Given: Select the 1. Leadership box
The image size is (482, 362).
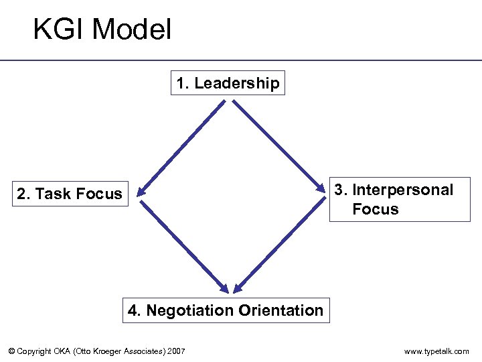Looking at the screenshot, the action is [x=228, y=83].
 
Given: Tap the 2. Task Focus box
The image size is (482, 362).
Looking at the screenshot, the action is [x=70, y=194].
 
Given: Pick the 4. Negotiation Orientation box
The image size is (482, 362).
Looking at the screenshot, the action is [x=226, y=310].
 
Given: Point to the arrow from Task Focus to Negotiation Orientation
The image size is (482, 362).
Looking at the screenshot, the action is [x=183, y=245].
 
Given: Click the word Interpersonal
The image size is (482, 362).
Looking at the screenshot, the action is [x=402, y=190].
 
